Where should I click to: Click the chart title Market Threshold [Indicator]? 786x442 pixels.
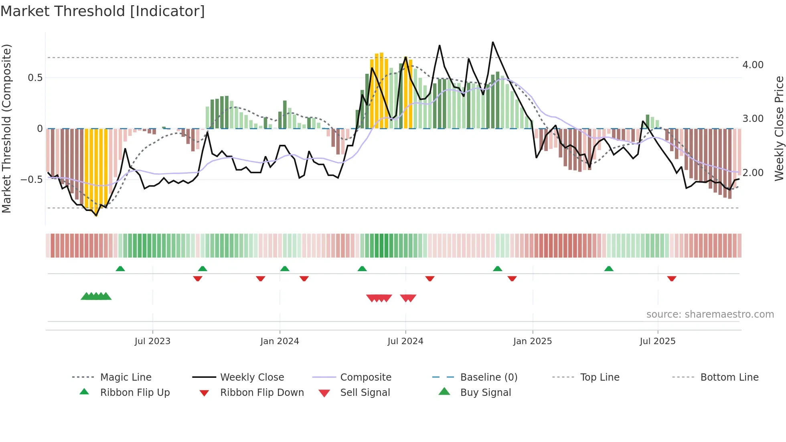103,11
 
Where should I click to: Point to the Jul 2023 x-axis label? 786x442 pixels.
152,341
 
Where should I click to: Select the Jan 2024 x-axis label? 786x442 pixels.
280,341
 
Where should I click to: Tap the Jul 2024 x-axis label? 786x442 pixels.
405,341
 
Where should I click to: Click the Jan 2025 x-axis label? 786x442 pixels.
533,341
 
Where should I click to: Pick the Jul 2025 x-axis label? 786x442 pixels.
658,341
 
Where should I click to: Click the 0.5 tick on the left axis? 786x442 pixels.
35,78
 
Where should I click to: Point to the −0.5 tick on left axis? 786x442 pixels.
32,179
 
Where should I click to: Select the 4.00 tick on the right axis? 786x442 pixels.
753,65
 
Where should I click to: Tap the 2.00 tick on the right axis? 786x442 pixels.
753,173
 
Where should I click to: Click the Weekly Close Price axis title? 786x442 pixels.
779,128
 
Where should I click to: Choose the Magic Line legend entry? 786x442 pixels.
126,377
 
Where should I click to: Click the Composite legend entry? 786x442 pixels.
366,377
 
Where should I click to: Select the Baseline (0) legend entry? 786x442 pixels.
488,377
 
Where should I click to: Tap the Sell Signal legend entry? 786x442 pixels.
365,393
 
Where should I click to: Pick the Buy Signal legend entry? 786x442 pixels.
485,393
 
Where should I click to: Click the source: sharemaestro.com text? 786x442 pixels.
710,314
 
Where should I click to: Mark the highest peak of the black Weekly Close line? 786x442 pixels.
493,42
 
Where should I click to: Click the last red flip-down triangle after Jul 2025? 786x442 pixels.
672,278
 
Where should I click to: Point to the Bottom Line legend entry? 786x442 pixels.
729,377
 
